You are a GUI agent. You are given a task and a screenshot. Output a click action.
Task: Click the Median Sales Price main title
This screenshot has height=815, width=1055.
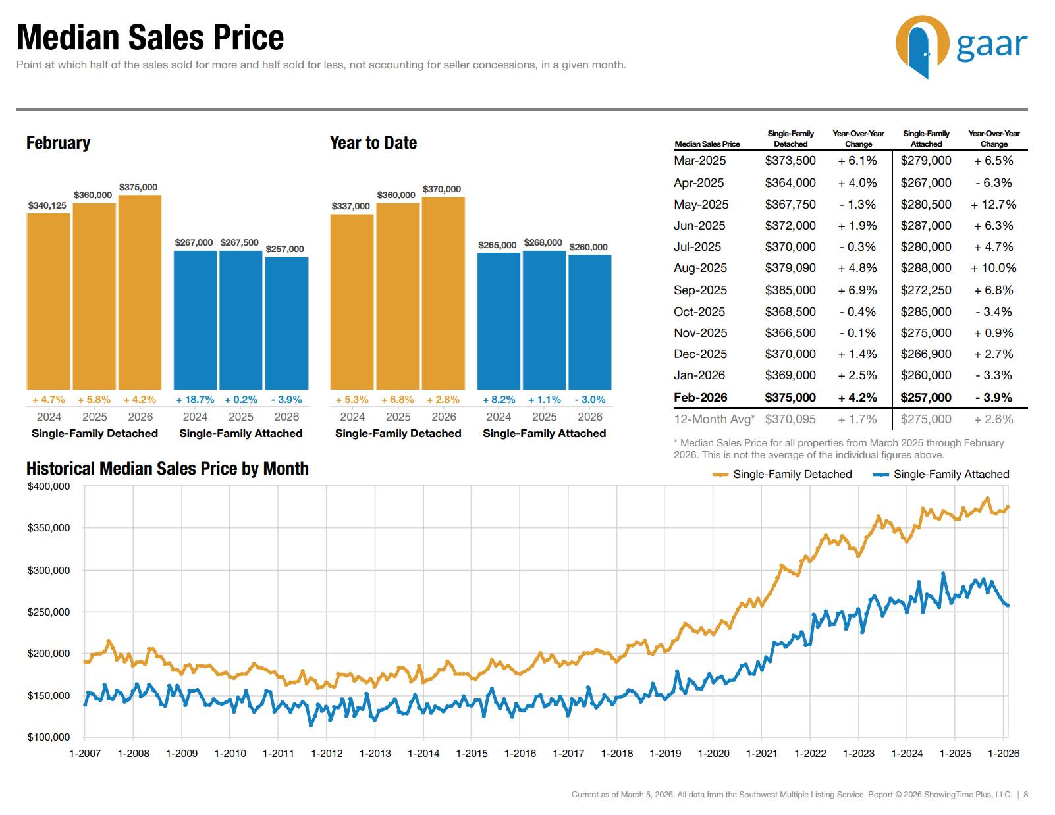pyautogui.click(x=150, y=38)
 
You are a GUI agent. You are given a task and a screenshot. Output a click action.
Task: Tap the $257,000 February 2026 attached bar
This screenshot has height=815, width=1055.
pyautogui.click(x=286, y=323)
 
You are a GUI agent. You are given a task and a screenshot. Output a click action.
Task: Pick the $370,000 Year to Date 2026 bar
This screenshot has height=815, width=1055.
pyautogui.click(x=443, y=293)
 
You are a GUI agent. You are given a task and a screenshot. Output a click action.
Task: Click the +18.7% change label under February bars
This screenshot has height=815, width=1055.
pyautogui.click(x=195, y=400)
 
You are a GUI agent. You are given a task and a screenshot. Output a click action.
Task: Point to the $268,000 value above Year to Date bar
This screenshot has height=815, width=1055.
pyautogui.click(x=543, y=243)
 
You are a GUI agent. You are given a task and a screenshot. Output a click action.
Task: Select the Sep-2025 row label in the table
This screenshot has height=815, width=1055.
pyautogui.click(x=700, y=290)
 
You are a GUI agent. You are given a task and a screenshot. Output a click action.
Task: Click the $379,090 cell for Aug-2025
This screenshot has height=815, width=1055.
pyautogui.click(x=790, y=268)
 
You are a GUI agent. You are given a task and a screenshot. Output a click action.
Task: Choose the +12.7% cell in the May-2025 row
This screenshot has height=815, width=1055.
pyautogui.click(x=993, y=205)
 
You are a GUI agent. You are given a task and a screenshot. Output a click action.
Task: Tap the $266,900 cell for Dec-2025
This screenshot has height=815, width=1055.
pyautogui.click(x=925, y=354)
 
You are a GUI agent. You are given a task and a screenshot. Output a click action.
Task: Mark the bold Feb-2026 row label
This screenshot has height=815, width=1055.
pyautogui.click(x=700, y=398)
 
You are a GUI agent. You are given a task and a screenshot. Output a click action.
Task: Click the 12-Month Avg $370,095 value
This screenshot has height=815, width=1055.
pyautogui.click(x=790, y=419)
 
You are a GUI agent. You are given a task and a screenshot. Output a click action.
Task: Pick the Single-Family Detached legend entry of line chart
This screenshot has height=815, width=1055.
pyautogui.click(x=783, y=475)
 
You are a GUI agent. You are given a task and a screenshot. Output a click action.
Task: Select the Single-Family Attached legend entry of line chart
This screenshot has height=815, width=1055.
pyautogui.click(x=942, y=475)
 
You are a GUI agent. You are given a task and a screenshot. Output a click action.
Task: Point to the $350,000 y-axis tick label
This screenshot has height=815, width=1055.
pyautogui.click(x=48, y=528)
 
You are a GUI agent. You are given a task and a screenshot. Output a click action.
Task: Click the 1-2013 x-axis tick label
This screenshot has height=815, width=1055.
pyautogui.click(x=375, y=754)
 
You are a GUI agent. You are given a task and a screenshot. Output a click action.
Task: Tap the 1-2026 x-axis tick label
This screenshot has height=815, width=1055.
pyautogui.click(x=1003, y=754)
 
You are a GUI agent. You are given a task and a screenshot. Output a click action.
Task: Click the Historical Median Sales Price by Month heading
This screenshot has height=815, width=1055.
pyautogui.click(x=167, y=469)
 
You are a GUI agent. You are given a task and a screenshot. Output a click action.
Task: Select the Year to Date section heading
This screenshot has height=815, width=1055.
pyautogui.click(x=373, y=143)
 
